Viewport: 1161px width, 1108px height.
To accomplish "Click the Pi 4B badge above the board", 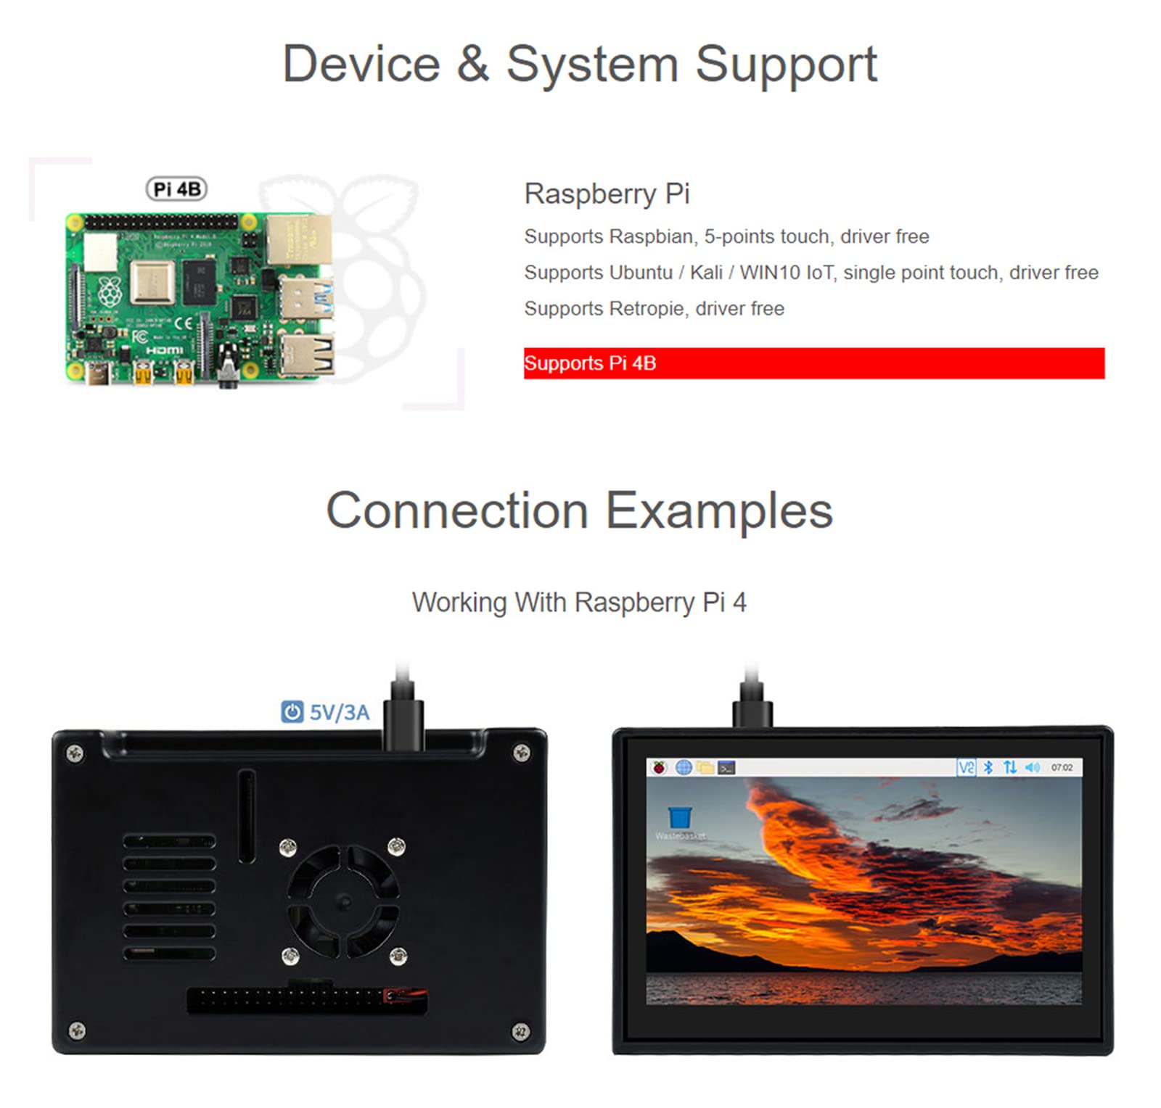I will point(176,189).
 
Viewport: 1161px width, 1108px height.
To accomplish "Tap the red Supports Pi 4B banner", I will point(813,363).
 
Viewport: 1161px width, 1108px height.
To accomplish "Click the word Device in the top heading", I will point(361,65).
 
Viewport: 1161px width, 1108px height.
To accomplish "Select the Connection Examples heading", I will point(579,510).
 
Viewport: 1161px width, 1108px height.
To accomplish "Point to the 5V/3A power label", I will point(339,713).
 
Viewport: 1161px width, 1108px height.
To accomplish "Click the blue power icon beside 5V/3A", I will point(292,712).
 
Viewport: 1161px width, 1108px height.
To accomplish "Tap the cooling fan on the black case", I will point(342,901).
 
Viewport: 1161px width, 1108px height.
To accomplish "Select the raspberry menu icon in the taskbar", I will point(659,767).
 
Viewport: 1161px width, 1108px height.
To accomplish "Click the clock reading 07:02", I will point(1061,767).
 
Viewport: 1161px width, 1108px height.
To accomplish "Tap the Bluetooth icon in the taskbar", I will point(988,767).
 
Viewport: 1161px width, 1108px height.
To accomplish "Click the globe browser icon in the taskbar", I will point(683,767).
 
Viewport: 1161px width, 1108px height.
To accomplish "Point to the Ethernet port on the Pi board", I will point(299,240).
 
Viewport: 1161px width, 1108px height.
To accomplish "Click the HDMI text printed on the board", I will point(165,351).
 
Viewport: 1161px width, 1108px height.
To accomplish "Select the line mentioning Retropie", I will point(654,309).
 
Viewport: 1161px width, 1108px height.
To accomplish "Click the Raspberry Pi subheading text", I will point(607,194).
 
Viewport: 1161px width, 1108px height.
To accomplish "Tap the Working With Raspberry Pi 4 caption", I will point(579,603).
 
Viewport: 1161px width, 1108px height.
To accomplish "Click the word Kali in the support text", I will point(705,273).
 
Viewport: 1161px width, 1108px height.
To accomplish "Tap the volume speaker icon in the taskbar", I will point(1032,767).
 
